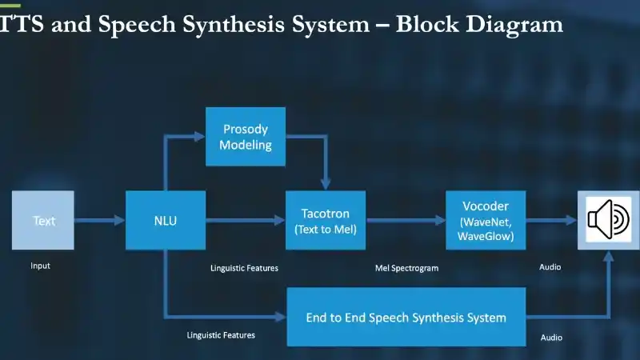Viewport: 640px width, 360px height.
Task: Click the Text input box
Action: (43, 220)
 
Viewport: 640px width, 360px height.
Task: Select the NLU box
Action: (166, 220)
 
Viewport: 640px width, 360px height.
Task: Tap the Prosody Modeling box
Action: (246, 137)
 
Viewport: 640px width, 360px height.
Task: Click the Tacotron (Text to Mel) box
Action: (326, 220)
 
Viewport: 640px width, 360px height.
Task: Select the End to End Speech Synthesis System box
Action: (406, 318)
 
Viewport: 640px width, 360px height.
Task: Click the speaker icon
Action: (609, 220)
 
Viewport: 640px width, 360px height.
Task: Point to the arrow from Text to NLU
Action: (100, 220)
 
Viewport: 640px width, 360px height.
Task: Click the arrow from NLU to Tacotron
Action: (246, 220)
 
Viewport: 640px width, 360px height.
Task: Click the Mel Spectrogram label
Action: (406, 268)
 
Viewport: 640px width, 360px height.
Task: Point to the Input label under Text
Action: (40, 266)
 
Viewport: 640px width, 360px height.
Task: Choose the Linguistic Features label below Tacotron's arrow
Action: (244, 268)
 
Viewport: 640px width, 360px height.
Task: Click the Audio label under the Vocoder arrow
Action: (550, 266)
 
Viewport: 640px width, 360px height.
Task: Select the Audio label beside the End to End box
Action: (551, 338)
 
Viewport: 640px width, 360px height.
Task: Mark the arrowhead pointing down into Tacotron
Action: (325, 184)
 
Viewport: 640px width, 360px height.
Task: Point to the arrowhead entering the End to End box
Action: (281, 318)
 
